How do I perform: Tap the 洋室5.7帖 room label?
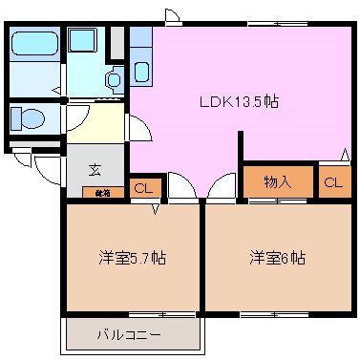click(x=132, y=258)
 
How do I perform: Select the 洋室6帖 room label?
click(x=278, y=258)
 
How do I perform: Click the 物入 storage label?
click(x=278, y=181)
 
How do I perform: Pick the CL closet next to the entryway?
click(x=142, y=188)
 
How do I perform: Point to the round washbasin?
click(x=114, y=80)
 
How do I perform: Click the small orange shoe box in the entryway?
click(x=102, y=192)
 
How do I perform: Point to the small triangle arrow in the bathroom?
click(x=56, y=92)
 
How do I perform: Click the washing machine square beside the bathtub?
click(x=84, y=44)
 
